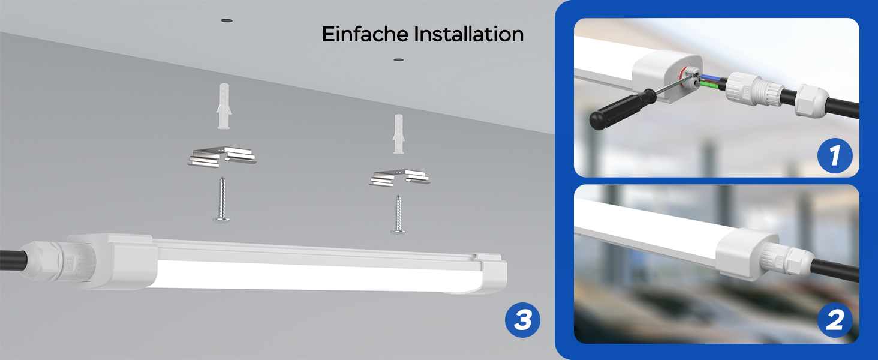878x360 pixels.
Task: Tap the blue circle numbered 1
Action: tap(835, 155)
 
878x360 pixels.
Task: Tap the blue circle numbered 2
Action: tap(835, 320)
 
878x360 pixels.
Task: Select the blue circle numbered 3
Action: tap(522, 320)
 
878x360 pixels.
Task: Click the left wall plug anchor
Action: tap(224, 106)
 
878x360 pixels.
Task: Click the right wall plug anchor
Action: tap(399, 134)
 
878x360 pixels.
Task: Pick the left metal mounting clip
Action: tap(222, 157)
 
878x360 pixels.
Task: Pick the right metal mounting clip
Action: tap(399, 178)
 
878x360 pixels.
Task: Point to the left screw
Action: tap(222, 200)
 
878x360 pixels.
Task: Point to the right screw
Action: tap(398, 215)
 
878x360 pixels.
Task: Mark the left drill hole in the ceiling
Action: tap(227, 20)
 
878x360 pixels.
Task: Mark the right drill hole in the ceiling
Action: tap(399, 60)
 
